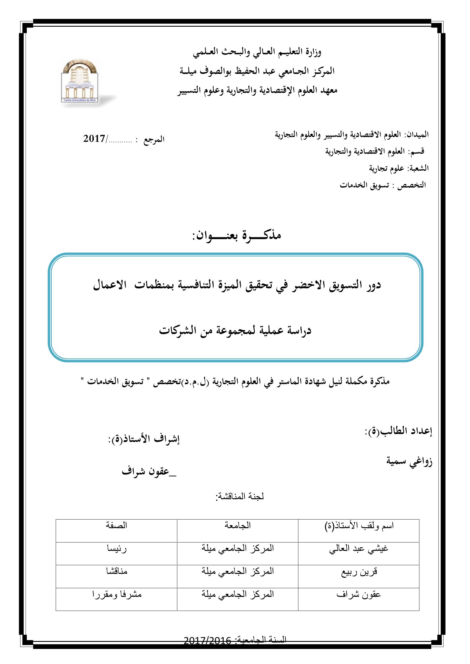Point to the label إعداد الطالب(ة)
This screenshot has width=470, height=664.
click(x=398, y=439)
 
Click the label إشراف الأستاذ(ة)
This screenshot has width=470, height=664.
click(x=144, y=447)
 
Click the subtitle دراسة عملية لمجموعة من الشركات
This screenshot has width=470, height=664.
click(x=235, y=330)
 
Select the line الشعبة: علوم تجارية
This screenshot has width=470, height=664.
click(x=398, y=168)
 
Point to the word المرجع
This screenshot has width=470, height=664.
click(x=154, y=139)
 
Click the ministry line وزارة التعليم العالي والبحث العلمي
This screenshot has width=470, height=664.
click(x=257, y=52)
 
